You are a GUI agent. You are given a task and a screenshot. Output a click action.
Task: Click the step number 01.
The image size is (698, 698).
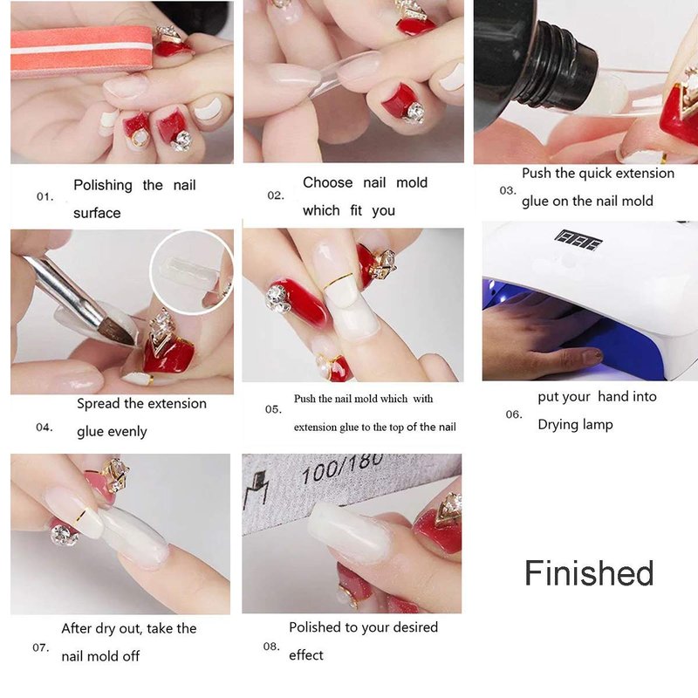click(45, 197)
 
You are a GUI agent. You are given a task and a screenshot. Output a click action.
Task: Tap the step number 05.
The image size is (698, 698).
click(273, 409)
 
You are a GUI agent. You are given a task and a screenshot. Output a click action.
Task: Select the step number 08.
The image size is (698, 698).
click(271, 647)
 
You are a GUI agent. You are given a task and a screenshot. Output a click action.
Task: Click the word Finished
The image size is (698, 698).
click(589, 573)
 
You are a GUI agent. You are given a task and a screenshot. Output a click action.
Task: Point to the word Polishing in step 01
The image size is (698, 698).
click(103, 185)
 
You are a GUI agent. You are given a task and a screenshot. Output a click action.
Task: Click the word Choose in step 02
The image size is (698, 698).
click(328, 182)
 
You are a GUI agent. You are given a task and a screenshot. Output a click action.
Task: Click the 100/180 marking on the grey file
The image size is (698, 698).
click(341, 469)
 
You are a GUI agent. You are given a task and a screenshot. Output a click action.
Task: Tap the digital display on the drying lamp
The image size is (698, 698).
click(578, 241)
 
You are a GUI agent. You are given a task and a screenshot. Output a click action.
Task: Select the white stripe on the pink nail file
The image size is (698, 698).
click(81, 49)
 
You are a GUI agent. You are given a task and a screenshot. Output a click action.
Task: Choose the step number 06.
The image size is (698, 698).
click(514, 414)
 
